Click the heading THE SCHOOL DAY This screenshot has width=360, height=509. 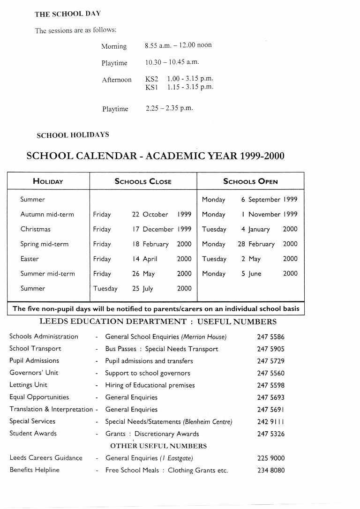(x=67, y=14)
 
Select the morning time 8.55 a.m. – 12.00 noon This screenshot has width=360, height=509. (x=178, y=45)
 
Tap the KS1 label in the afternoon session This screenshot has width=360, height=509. (x=151, y=87)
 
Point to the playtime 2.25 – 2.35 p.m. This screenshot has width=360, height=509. (x=169, y=108)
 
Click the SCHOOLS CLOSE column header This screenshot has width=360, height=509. (x=143, y=181)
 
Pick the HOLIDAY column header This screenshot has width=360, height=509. (x=48, y=181)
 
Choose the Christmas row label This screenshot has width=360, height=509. (x=35, y=229)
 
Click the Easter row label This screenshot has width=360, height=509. (x=30, y=259)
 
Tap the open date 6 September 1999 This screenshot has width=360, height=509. (x=269, y=200)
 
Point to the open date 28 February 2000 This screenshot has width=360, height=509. (x=267, y=244)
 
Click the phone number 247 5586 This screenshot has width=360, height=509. (x=270, y=337)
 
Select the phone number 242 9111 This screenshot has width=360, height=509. (x=270, y=422)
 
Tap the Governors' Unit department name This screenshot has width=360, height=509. (x=34, y=373)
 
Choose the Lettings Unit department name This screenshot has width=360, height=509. (x=28, y=385)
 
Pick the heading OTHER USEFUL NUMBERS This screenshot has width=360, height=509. (x=158, y=446)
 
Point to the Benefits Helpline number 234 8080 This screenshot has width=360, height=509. (x=270, y=471)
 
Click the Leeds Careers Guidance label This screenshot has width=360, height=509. (x=46, y=458)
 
